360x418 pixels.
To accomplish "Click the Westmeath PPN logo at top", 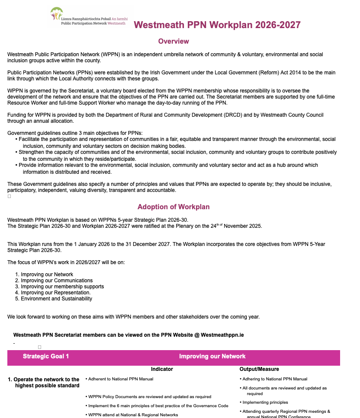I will coord(89,16).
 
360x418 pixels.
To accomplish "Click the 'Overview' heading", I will coord(174,41).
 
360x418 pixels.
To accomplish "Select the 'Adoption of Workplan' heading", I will coord(174,207).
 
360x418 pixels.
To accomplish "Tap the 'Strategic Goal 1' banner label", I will coord(46,356).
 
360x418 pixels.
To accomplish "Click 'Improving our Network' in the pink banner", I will coord(212,356).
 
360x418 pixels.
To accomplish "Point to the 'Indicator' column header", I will coord(162,369).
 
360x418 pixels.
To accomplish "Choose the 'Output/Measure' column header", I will coord(259,369).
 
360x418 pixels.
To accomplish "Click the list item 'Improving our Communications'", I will coord(57,281).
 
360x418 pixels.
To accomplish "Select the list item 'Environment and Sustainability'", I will coord(56,299).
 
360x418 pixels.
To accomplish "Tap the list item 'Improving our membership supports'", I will coord(62,287).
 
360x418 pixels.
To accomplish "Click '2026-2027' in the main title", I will coord(278,25).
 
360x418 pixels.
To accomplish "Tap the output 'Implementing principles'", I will coord(265,402).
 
